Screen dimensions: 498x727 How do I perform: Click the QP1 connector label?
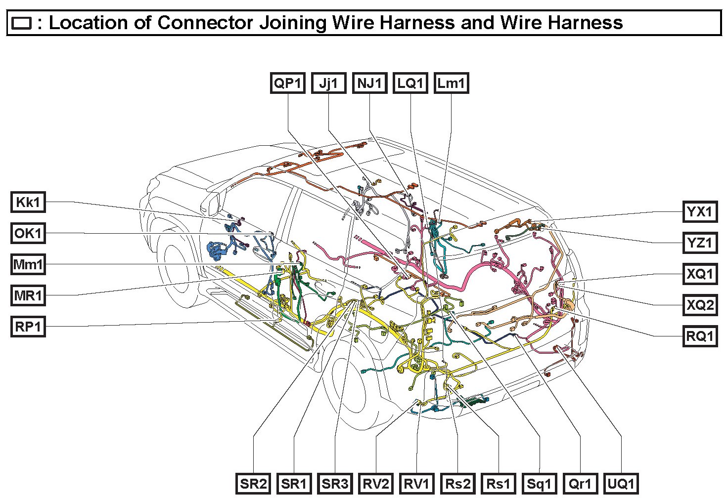tap(288, 83)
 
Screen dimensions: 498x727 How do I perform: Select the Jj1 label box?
tap(328, 83)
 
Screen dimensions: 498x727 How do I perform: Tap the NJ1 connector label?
tap(369, 83)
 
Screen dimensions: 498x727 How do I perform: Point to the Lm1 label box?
tap(451, 83)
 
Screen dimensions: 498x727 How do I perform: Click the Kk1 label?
tap(28, 202)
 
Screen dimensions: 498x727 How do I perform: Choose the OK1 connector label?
tap(28, 233)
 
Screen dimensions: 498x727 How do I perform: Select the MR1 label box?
tap(28, 296)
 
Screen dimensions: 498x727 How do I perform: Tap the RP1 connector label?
tap(28, 327)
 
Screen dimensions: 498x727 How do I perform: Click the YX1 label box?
tap(700, 212)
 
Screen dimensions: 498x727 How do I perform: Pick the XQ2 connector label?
tap(700, 305)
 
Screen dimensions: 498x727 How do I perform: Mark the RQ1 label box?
tap(700, 336)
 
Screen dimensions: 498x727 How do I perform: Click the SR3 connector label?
tap(335, 484)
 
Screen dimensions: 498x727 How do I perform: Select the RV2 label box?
tap(376, 484)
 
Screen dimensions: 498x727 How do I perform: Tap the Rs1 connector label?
tap(499, 484)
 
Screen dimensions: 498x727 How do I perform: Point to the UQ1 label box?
tap(621, 484)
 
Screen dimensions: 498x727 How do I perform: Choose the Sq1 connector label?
tap(539, 484)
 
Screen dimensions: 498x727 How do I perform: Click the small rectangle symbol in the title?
tap(22, 23)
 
